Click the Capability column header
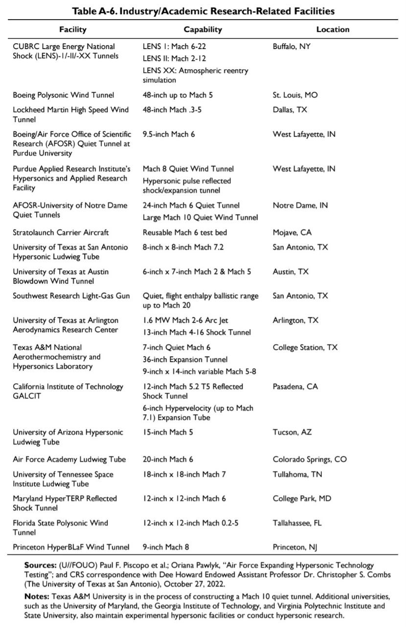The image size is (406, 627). (203, 29)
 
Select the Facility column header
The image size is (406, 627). (72, 29)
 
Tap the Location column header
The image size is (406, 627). (333, 29)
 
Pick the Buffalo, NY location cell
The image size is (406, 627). (292, 47)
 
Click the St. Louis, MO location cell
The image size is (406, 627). (295, 95)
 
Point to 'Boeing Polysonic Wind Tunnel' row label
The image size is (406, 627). (63, 95)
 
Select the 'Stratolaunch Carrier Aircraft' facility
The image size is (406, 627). (61, 232)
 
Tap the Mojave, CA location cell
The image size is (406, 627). (292, 232)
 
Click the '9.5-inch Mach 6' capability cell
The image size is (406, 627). (168, 134)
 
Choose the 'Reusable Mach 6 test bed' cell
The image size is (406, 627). (185, 232)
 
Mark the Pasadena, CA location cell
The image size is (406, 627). (295, 386)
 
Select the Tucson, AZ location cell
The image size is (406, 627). (293, 433)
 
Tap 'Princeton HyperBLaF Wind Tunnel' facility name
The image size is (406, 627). (71, 547)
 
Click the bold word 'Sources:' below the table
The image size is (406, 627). (41, 565)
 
